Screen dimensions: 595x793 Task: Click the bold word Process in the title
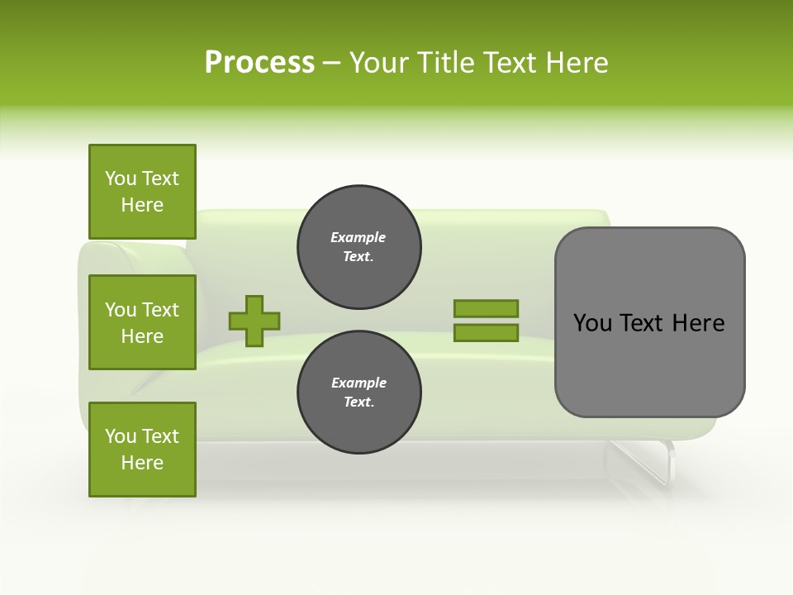click(x=259, y=63)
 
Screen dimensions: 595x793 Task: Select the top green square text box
click(x=142, y=192)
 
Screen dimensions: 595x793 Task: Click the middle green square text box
click(x=142, y=322)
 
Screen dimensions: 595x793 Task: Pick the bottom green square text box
click(x=142, y=450)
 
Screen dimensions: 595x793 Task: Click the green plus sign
click(x=254, y=321)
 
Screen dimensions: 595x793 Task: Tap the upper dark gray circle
click(x=359, y=247)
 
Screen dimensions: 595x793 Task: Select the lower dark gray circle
click(x=359, y=393)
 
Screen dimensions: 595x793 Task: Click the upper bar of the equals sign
click(x=486, y=308)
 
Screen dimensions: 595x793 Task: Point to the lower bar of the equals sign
click(x=486, y=332)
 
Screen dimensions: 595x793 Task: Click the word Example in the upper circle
click(x=359, y=237)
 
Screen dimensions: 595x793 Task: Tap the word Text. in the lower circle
click(x=359, y=402)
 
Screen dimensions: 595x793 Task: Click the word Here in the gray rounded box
click(x=698, y=323)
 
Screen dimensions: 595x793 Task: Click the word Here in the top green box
click(x=142, y=205)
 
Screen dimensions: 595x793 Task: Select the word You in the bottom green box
click(x=121, y=436)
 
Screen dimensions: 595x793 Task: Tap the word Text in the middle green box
click(x=160, y=310)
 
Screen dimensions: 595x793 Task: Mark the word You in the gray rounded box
click(x=591, y=323)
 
